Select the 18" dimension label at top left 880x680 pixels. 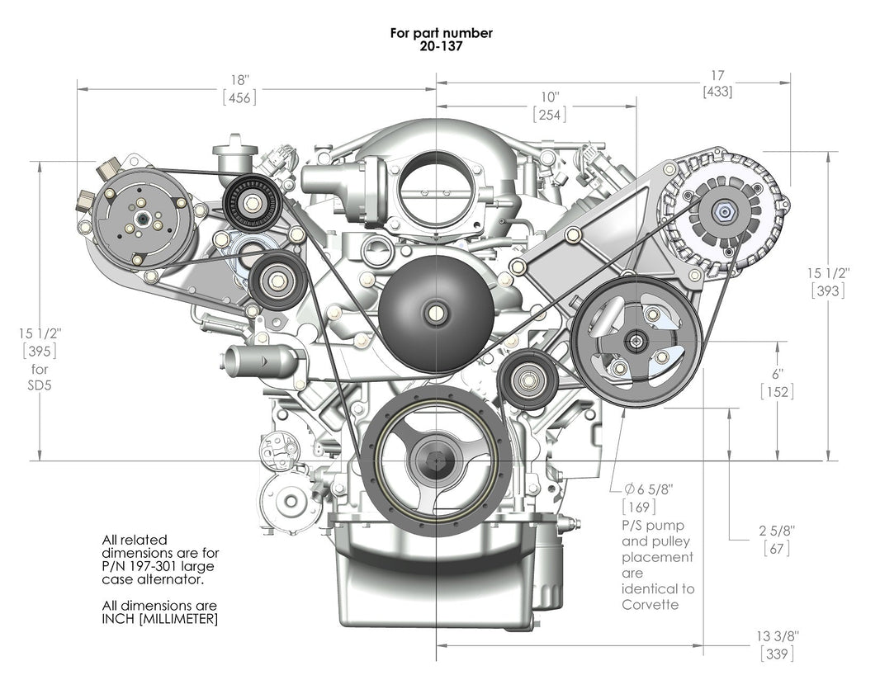click(239, 79)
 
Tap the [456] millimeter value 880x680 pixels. click(239, 97)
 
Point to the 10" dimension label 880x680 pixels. click(550, 97)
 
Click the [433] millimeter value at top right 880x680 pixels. click(717, 92)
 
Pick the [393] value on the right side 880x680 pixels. click(826, 290)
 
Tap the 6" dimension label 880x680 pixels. click(777, 373)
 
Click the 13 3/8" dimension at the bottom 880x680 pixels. click(777, 636)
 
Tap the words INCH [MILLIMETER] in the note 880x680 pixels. click(160, 619)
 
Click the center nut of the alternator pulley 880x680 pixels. click(724, 212)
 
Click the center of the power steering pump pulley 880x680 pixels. click(636, 339)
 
